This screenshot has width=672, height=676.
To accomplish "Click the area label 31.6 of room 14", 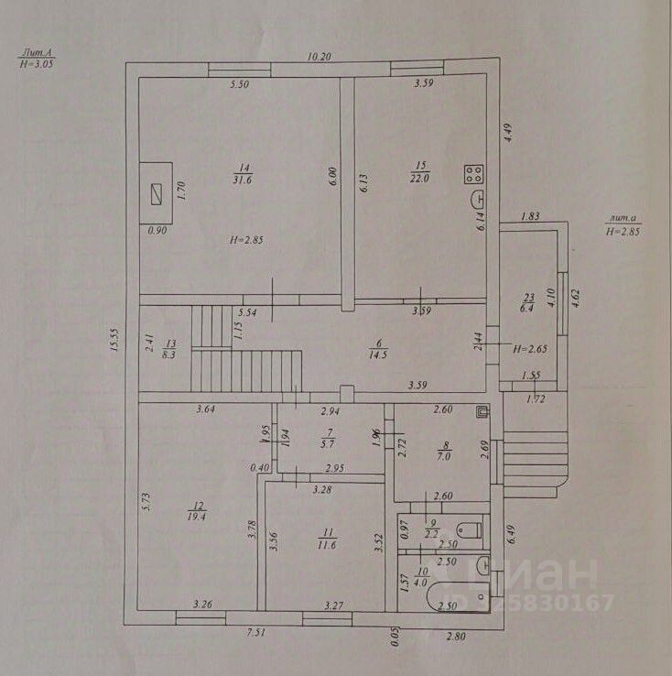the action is point(243,180).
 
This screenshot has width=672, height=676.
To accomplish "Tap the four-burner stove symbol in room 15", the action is point(474,172).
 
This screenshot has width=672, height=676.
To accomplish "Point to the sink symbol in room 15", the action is point(476,201).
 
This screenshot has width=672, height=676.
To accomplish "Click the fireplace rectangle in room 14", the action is point(157,192).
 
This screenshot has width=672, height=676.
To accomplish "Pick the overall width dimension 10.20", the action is point(318,57).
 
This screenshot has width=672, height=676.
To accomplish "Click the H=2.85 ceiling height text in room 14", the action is point(247,240).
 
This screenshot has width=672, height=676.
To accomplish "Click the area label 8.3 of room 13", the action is point(168,354).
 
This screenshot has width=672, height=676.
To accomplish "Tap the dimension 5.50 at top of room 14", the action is point(240,84).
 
